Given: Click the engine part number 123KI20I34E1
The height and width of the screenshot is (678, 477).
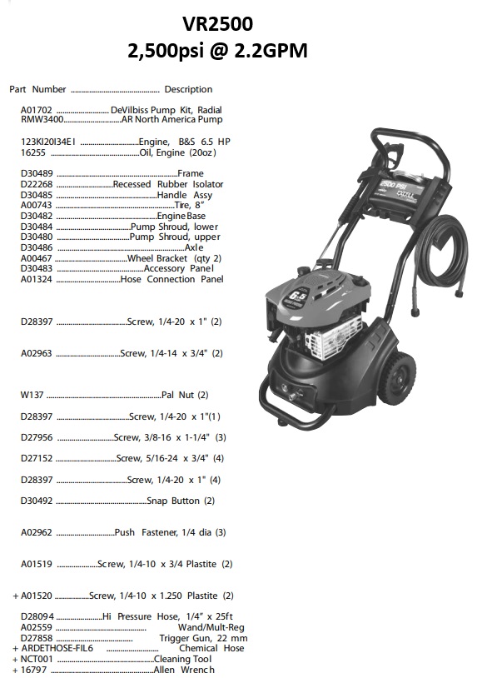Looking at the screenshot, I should point(48,142).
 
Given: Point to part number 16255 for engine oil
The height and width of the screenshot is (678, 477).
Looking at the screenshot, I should point(32,152).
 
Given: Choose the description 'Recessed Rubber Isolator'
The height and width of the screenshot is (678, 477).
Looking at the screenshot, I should point(167,184).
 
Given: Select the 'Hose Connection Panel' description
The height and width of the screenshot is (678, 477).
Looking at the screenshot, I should point(171,280).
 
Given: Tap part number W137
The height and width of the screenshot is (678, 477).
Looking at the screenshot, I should point(32,395).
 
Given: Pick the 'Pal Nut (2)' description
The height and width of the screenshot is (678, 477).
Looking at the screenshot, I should point(185,395).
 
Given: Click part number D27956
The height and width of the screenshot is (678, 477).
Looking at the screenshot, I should point(37,437).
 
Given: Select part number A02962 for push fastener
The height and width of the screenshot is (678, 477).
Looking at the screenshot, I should point(37,532).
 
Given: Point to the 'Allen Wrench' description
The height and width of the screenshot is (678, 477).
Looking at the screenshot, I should point(183,670).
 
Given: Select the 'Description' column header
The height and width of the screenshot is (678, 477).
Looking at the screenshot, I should point(188,89).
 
